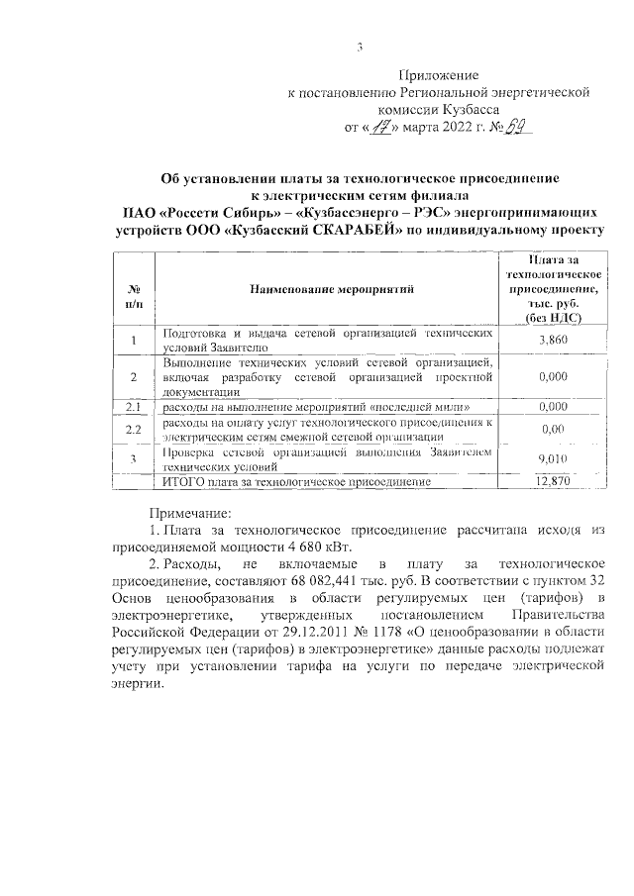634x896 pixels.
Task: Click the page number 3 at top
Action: [361, 47]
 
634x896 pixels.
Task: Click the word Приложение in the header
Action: [438, 75]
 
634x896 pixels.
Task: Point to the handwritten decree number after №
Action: [515, 127]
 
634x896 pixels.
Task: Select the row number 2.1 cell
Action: [133, 407]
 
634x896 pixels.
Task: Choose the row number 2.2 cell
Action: [133, 429]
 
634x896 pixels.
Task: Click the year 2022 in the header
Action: [447, 128]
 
